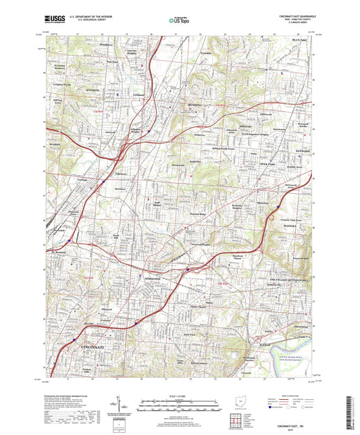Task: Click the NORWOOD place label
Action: pos(150,279)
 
